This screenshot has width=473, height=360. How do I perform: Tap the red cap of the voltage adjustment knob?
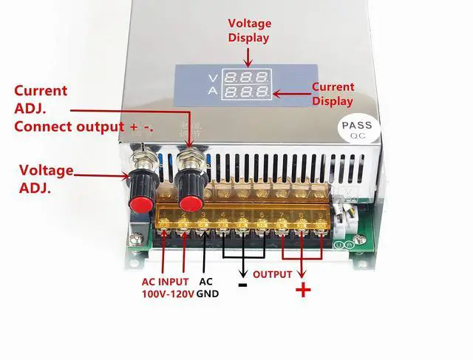[x=138, y=203]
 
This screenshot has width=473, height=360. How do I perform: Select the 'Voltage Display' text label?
[x=248, y=30]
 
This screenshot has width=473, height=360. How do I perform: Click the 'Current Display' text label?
[x=333, y=94]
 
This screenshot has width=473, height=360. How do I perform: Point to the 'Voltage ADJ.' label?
[x=46, y=179]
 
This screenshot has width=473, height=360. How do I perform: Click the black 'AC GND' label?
[x=206, y=288]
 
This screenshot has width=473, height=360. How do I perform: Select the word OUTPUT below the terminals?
[x=272, y=274]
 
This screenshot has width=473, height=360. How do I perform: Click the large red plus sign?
[x=303, y=290]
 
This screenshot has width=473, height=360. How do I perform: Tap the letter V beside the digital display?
[x=213, y=77]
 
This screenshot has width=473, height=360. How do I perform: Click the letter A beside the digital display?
[x=213, y=92]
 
